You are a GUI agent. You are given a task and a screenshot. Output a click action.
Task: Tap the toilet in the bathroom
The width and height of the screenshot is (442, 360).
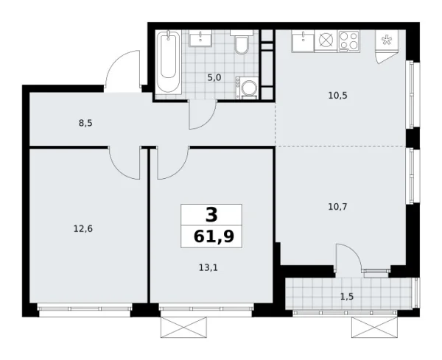pyautogui.click(x=241, y=45)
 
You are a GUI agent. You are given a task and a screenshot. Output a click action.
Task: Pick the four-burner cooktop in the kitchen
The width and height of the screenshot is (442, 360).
pyautogui.click(x=348, y=41)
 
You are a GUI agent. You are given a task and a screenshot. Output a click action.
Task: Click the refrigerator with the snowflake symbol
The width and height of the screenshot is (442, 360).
pyautogui.click(x=387, y=45)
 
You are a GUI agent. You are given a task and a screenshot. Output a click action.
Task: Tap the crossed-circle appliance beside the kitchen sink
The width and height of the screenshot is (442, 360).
pyautogui.click(x=325, y=42)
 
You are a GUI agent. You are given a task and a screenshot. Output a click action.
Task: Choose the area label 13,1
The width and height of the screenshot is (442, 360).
pyautogui.click(x=208, y=267)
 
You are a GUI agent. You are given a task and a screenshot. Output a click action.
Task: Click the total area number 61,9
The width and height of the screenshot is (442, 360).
pyautogui.click(x=211, y=238)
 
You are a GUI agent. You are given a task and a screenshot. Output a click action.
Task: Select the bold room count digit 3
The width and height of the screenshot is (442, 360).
pyautogui.click(x=211, y=215)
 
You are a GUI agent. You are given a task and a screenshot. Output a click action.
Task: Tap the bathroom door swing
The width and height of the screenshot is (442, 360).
pyautogui.click(x=202, y=114)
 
